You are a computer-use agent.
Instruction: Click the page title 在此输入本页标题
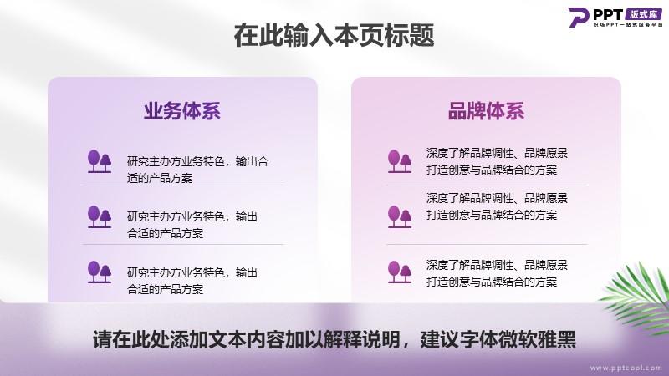point(334,35)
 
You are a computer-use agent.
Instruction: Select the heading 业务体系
point(182,111)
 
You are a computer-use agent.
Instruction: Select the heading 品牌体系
point(486,111)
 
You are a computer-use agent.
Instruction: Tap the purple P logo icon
point(578,17)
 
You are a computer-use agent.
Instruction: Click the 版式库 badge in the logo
point(643,14)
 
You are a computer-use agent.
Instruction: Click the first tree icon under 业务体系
point(100,161)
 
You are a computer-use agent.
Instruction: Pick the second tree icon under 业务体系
point(100,216)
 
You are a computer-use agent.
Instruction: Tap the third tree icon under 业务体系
point(100,272)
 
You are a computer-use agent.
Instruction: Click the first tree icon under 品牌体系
point(400,161)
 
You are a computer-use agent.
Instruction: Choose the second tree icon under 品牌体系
point(400,216)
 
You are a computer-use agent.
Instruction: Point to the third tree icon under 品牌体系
point(400,272)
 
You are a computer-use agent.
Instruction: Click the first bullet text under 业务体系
point(197,170)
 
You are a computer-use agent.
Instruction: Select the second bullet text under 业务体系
point(192,225)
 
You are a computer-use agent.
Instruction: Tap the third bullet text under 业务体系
point(192,281)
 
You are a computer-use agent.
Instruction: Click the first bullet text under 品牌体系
point(497,161)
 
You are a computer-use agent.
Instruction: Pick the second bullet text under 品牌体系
point(497,206)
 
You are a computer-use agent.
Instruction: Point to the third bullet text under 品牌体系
point(497,273)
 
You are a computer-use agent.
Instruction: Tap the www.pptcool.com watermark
point(626,368)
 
